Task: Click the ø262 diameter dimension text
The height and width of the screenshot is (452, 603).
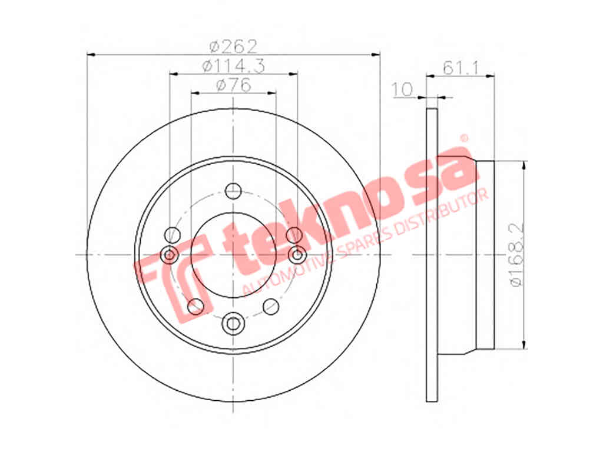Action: [233, 47]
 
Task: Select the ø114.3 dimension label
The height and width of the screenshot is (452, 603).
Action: [233, 66]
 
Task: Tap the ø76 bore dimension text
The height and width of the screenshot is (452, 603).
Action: [233, 85]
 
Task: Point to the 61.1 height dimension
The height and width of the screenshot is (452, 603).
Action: [460, 68]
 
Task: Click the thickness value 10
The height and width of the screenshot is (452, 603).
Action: [402, 89]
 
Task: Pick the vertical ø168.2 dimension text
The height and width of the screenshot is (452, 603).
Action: [516, 255]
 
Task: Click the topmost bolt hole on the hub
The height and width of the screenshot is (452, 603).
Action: [233, 191]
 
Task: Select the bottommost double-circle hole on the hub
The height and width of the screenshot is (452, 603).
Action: [233, 324]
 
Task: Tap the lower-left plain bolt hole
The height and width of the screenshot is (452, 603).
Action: [196, 306]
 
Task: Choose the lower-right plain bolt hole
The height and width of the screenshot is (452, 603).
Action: [271, 306]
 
